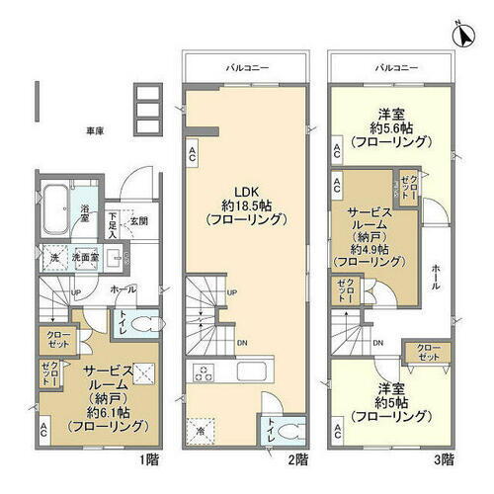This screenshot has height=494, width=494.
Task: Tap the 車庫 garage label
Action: tap(94, 129)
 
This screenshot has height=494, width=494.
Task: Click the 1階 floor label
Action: tap(148, 459)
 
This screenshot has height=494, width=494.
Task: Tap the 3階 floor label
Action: tap(443, 459)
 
